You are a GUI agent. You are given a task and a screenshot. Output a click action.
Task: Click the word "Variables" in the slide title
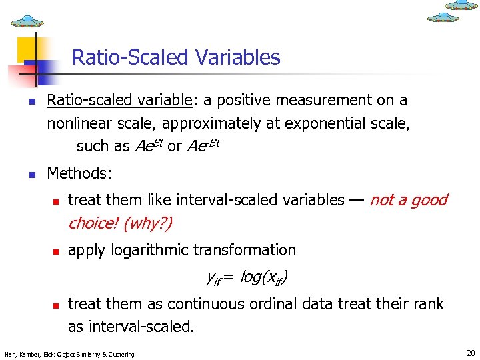pyautogui.click(x=238, y=57)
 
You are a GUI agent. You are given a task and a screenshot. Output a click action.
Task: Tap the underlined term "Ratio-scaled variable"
pyautogui.click(x=119, y=101)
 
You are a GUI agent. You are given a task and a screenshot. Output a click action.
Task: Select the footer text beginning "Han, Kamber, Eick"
pyautogui.click(x=69, y=354)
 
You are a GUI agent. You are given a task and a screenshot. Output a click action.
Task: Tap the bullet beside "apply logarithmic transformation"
pyautogui.click(x=57, y=252)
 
